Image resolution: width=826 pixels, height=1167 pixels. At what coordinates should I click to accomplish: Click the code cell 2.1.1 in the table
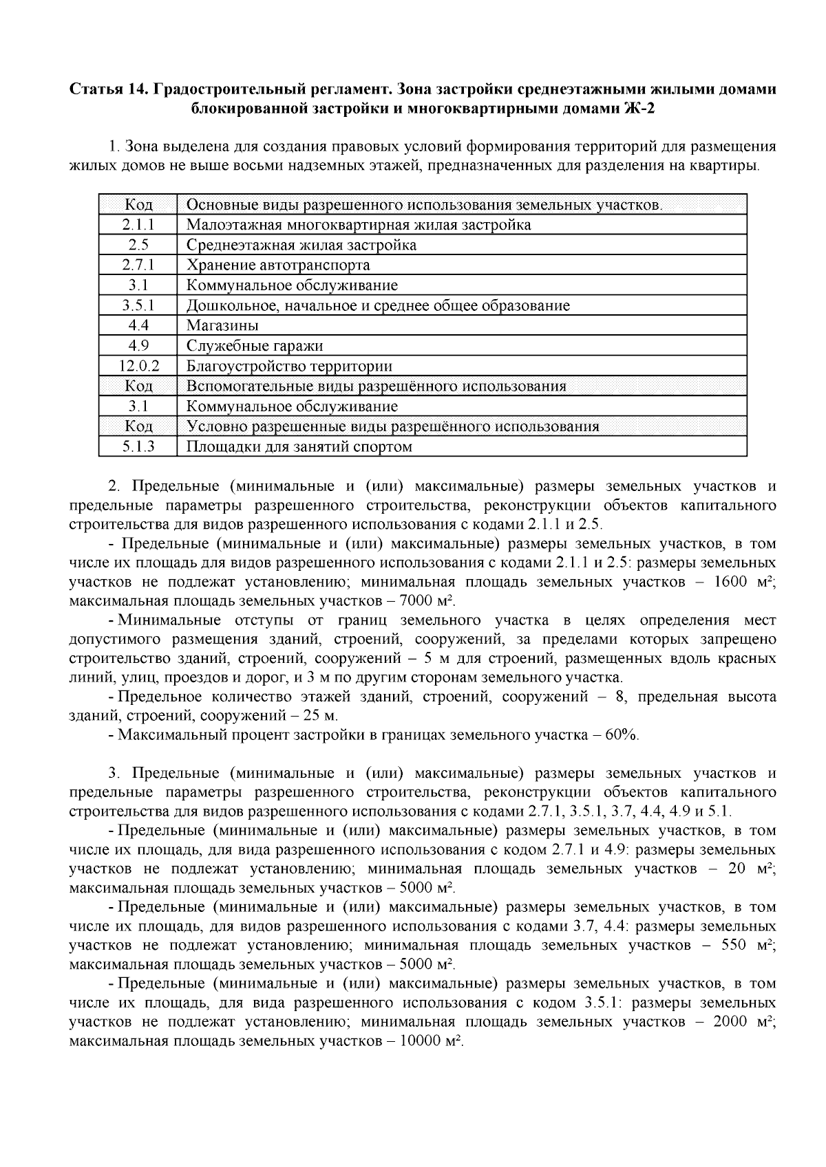coord(138,225)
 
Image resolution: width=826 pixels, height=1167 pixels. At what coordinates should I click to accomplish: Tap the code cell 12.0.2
coord(138,366)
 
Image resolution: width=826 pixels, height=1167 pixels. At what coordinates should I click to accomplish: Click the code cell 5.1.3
coord(138,447)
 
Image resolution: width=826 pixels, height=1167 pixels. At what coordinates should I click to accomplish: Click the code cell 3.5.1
coord(138,305)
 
